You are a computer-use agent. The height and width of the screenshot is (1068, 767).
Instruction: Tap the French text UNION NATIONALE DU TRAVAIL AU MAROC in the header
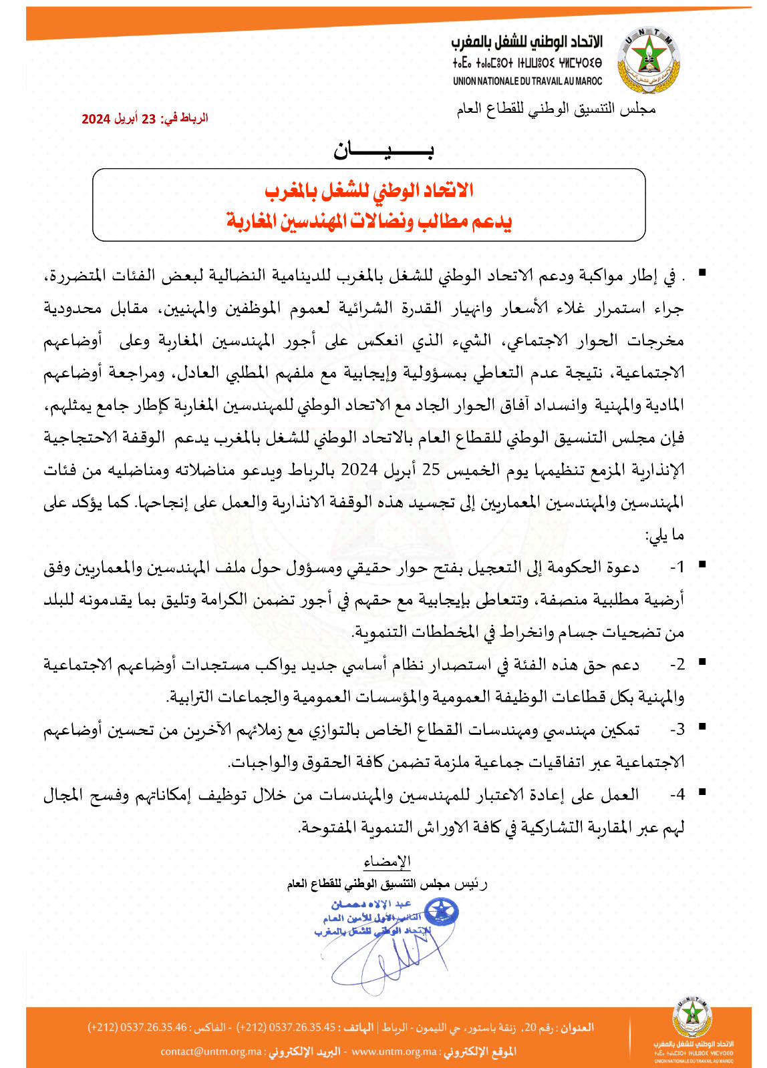(x=527, y=81)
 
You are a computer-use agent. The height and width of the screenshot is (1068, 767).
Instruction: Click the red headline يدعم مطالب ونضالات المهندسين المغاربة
(x=369, y=220)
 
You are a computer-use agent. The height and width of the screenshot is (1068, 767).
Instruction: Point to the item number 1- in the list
(x=677, y=567)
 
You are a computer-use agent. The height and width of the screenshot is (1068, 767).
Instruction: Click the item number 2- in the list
(x=677, y=664)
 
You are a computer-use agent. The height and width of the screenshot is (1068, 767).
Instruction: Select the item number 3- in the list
(x=677, y=729)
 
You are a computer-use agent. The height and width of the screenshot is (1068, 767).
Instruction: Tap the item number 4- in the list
(x=677, y=794)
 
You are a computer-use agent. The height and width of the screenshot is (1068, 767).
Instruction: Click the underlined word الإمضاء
(x=388, y=862)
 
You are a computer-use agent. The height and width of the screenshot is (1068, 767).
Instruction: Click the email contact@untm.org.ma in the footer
(x=211, y=1052)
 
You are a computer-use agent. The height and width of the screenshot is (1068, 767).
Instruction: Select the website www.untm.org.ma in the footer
(x=394, y=1052)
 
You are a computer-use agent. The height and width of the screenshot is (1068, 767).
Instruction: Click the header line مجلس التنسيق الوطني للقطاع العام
(x=556, y=109)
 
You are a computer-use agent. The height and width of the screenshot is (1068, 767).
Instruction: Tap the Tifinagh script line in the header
(x=527, y=63)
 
